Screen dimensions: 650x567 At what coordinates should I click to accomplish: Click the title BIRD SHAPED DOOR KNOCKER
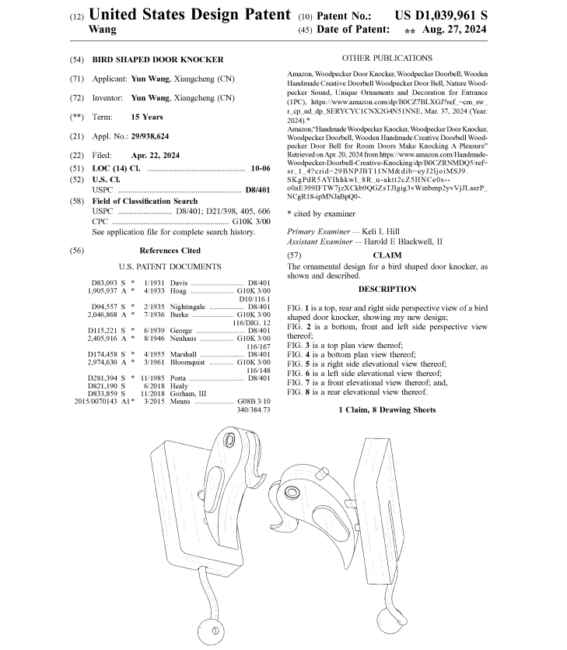(x=158, y=59)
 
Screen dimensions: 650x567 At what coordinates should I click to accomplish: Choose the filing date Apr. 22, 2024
(x=155, y=156)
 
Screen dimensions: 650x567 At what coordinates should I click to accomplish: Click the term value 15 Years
(x=147, y=117)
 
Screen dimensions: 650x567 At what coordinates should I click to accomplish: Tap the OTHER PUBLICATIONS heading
(x=387, y=58)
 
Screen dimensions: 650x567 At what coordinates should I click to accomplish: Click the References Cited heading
(x=170, y=251)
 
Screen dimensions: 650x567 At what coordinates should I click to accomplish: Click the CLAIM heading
(x=387, y=255)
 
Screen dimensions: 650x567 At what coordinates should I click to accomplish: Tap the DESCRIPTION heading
(x=387, y=289)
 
